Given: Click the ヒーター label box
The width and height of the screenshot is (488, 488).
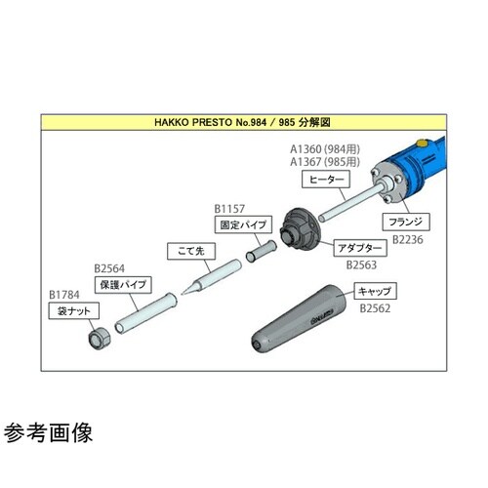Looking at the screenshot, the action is click(326, 180).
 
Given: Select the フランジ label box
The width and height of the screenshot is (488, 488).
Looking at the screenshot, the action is click(406, 222).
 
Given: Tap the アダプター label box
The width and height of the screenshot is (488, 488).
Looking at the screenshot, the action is click(360, 248).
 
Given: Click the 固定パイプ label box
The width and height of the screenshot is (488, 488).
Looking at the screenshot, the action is click(243, 224).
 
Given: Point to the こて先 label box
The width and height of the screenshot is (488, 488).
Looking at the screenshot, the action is click(191, 251).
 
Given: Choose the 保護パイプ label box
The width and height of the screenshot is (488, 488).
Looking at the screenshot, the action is click(123, 285).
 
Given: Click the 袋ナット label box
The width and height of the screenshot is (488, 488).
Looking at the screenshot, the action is click(74, 310).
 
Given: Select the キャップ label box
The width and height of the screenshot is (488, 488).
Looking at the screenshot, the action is click(375, 291).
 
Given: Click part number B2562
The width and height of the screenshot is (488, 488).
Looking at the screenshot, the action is click(375, 308).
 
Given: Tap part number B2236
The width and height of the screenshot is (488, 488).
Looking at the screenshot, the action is click(408, 240).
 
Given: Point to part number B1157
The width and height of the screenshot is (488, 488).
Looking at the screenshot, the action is click(229, 209).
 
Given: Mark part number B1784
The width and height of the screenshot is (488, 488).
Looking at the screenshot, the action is click(64, 295).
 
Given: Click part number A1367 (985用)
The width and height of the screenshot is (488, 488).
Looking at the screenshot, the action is click(325, 162).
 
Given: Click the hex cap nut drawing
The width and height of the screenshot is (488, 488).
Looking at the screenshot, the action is click(100, 339).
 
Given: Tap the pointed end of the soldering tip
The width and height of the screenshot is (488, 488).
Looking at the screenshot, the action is click(183, 295).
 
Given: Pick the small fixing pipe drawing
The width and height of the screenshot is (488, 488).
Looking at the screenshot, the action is click(261, 251).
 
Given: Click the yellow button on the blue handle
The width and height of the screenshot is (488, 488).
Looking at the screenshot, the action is click(422, 142).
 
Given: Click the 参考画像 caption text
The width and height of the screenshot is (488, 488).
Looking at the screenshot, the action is click(48, 432).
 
